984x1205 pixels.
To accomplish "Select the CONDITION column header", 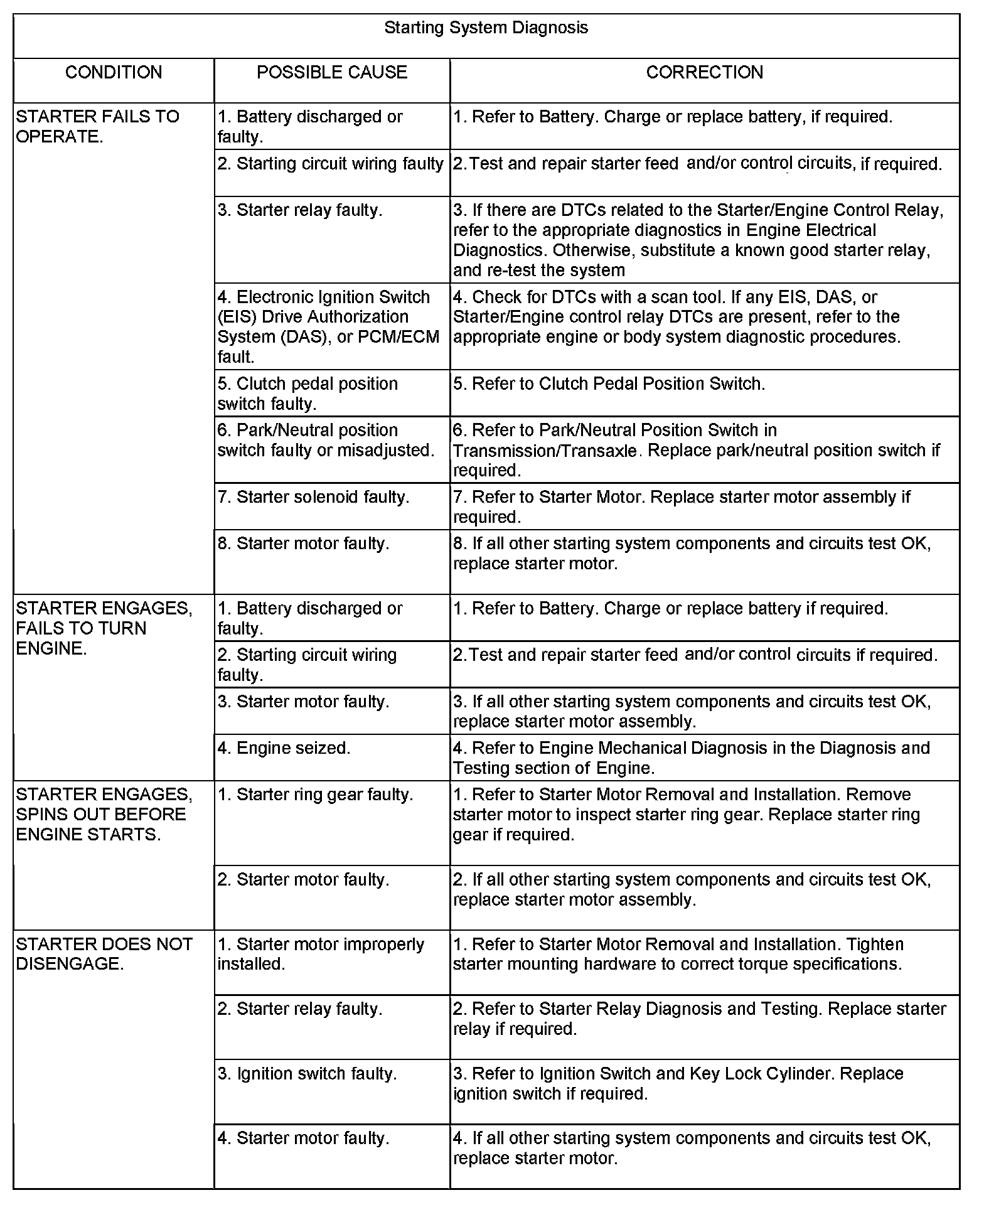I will tap(114, 73).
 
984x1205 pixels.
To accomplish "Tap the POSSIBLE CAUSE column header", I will tap(332, 73).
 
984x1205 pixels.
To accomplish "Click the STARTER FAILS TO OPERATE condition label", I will tap(97, 127).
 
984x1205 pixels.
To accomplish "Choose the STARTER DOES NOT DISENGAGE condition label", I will tap(104, 954).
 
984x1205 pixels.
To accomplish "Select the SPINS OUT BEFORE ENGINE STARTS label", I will tap(102, 815).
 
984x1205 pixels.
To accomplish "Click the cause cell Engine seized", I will tap(284, 748).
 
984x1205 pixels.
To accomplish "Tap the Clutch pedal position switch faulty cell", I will tap(307, 394).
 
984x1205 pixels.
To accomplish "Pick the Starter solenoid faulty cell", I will tap(313, 497).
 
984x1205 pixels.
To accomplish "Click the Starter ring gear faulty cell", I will tap(316, 795).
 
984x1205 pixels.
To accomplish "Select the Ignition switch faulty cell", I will tap(307, 1074).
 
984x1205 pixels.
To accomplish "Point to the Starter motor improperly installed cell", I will tap(321, 954).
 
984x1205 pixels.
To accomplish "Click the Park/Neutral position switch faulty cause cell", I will tap(326, 440).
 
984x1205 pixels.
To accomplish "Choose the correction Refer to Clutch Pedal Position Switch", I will tap(609, 384).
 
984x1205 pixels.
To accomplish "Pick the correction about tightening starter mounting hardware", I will tap(678, 954).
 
